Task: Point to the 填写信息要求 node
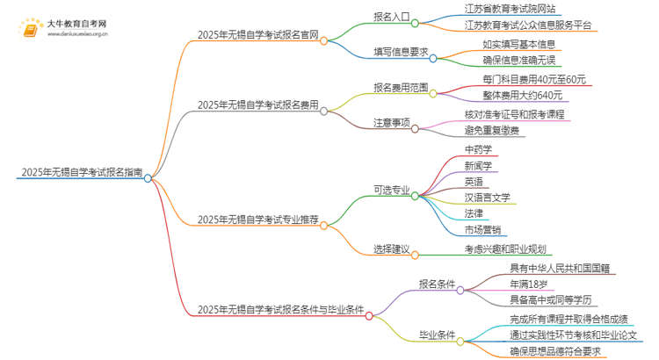pos(400,51)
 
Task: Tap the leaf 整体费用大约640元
pos(515,95)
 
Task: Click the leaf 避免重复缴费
pos(492,131)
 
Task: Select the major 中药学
pos(479,149)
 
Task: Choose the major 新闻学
pos(479,165)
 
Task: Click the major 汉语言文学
pos(488,198)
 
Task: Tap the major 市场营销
pos(484,230)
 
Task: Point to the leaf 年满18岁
pos(527,284)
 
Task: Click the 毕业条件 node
pos(439,335)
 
